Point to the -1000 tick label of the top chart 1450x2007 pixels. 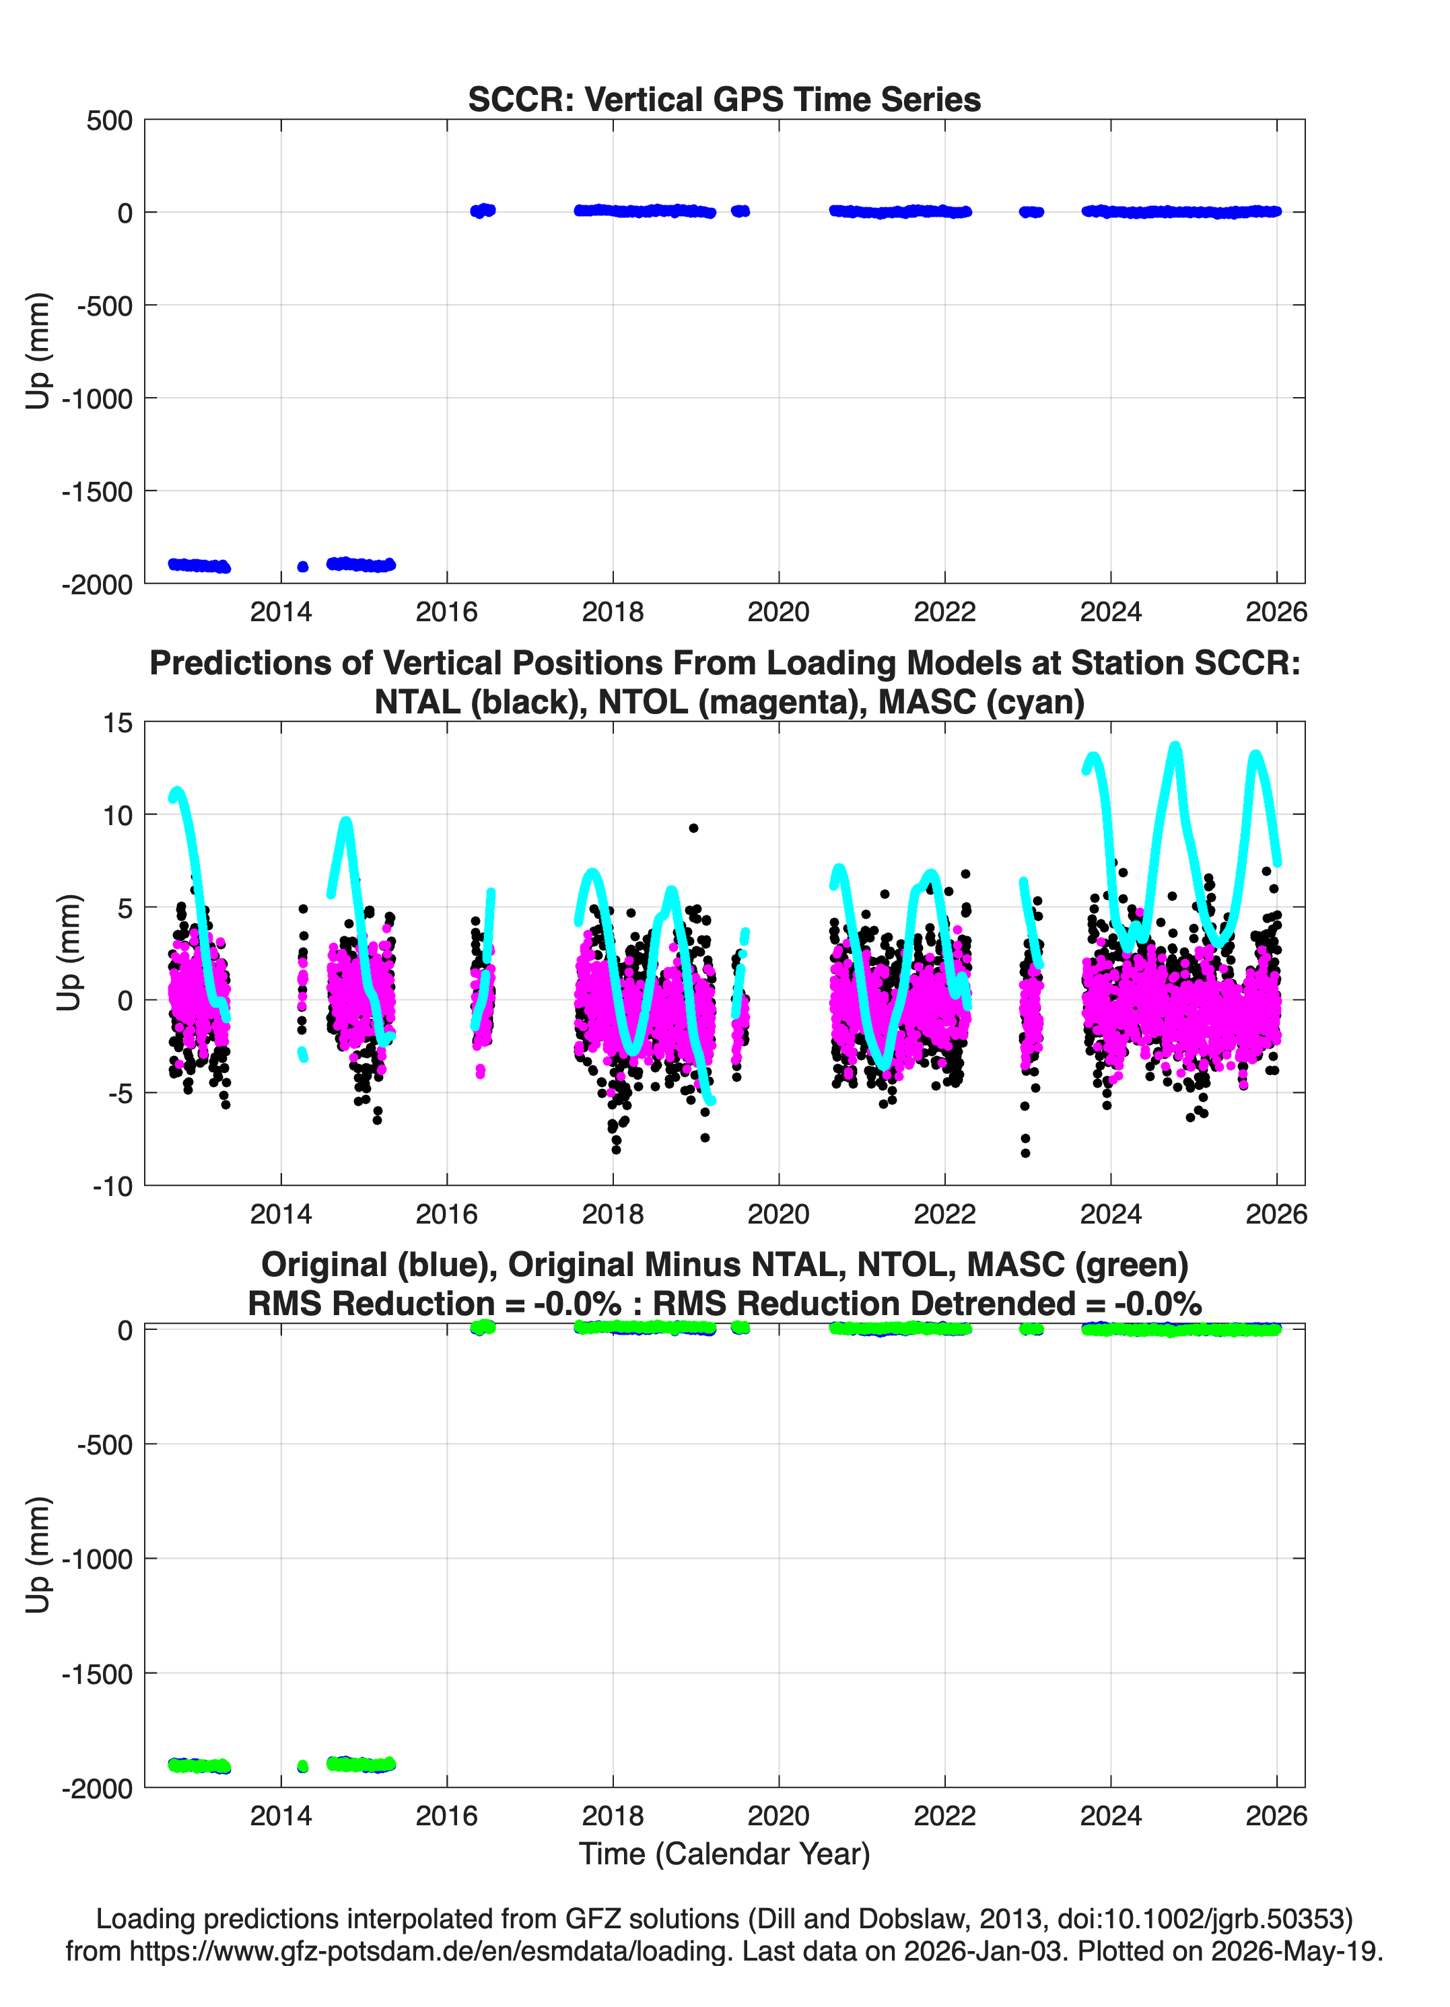click(x=96, y=398)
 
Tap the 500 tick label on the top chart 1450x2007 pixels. click(x=109, y=120)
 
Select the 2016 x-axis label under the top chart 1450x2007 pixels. click(x=446, y=612)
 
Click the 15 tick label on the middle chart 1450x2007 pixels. click(x=118, y=723)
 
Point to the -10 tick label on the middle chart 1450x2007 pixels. click(x=112, y=1186)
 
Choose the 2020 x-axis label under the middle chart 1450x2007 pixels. click(x=778, y=1213)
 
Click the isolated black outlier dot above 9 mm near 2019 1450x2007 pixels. click(x=693, y=829)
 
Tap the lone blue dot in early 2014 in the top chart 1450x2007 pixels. click(x=303, y=566)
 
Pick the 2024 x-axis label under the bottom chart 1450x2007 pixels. click(x=1110, y=1815)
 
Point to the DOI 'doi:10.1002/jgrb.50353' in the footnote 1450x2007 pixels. click(x=1197, y=1919)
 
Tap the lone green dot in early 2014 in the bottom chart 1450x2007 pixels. click(x=303, y=1766)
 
